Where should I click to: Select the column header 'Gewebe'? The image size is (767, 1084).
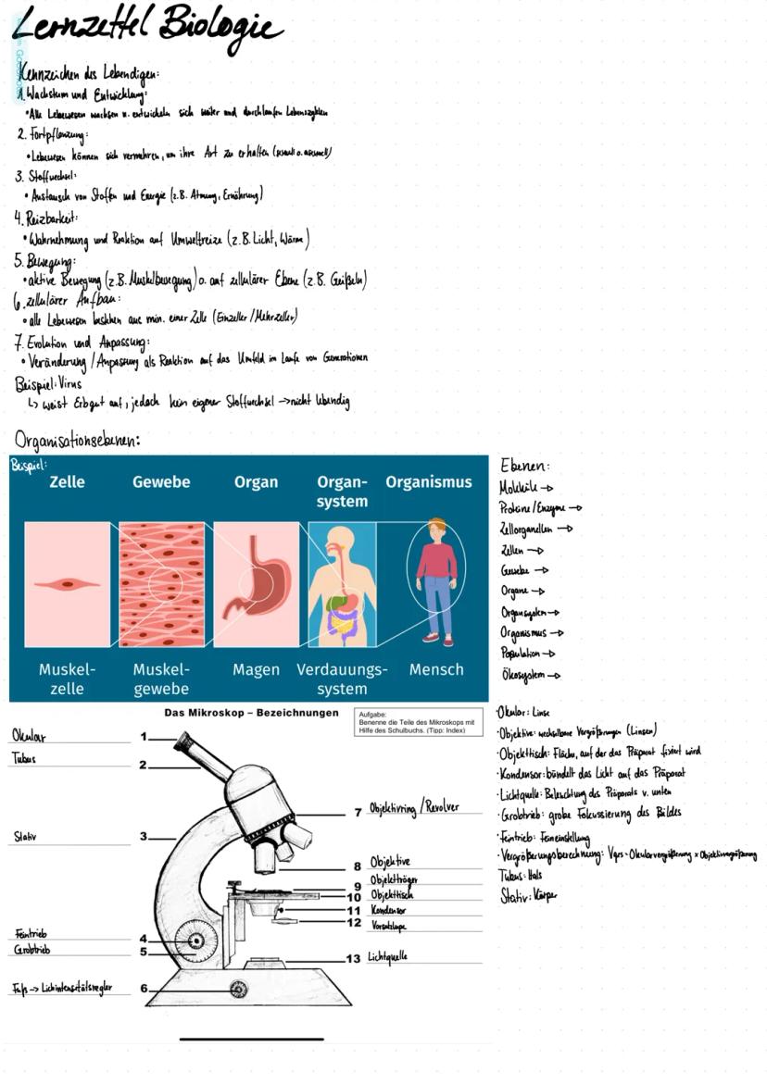click(161, 482)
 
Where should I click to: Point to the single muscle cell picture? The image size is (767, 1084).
click(67, 584)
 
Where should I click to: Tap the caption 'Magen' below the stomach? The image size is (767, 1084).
click(257, 669)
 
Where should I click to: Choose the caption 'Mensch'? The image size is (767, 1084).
click(436, 669)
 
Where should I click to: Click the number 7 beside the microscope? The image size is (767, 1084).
click(358, 813)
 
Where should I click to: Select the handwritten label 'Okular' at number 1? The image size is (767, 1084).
click(29, 736)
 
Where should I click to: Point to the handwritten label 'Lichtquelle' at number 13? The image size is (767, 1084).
click(387, 956)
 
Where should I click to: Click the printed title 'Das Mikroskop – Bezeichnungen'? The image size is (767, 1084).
click(251, 713)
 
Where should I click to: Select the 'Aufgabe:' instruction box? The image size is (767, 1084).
click(416, 723)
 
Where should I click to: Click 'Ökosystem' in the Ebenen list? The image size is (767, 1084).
click(523, 676)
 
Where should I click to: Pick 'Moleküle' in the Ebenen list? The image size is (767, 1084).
click(520, 487)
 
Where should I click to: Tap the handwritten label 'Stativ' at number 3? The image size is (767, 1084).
click(25, 837)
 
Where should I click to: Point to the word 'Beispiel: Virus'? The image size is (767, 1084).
click(48, 383)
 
